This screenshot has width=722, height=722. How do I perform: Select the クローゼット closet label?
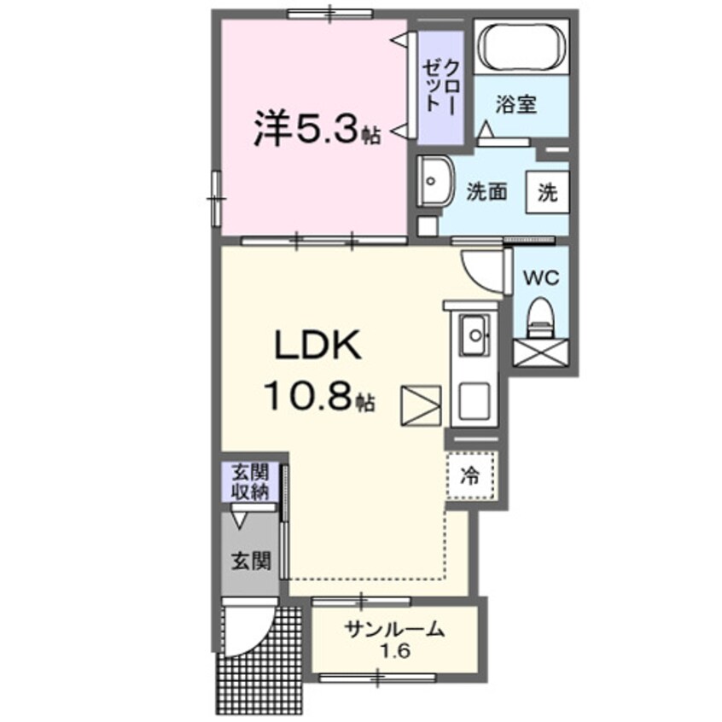pos(440,86)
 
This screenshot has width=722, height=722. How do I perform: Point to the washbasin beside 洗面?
pos(436,182)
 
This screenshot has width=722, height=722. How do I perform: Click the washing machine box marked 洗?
pos(547,192)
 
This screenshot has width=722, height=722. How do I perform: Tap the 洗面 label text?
pos(486,192)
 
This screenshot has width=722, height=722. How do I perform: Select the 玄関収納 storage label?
pos(249,483)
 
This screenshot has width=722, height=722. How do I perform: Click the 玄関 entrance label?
pos(250,561)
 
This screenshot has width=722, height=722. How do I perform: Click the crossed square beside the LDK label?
pos(422,406)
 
